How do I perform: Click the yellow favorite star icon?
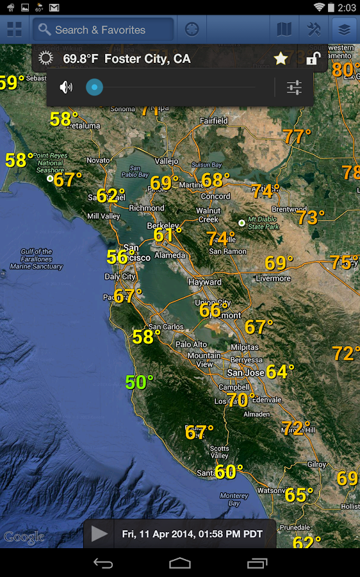tap(281, 59)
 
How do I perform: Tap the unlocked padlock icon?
tap(313, 59)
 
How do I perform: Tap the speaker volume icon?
tap(66, 87)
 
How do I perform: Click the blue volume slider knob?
tap(94, 87)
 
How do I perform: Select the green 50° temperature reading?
tap(139, 383)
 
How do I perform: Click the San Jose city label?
tap(245, 372)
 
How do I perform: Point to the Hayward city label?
tap(205, 282)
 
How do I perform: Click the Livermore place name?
tap(274, 278)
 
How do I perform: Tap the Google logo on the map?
tap(24, 537)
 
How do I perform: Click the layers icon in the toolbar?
tap(345, 29)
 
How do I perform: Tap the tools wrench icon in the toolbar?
tap(314, 29)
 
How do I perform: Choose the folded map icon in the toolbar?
tap(283, 29)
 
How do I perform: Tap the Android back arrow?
tap(103, 563)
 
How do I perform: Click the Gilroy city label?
tap(317, 464)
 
